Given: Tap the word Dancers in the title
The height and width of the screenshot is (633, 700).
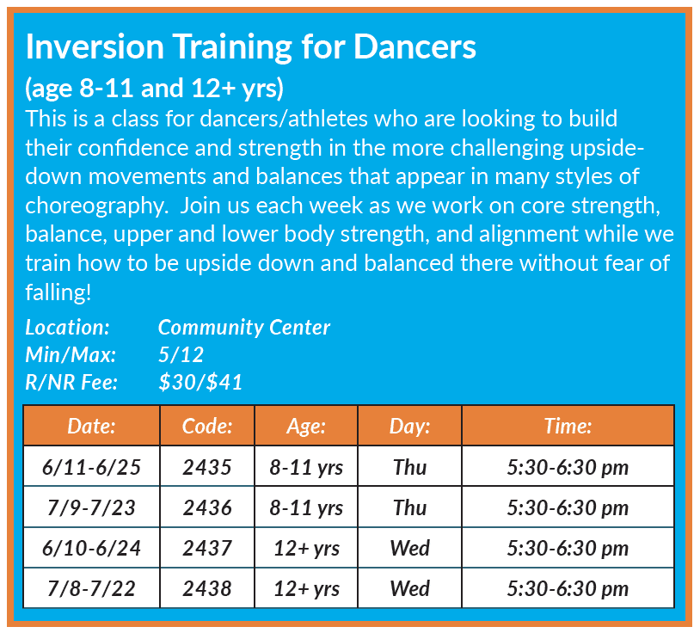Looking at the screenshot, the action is coord(414,46).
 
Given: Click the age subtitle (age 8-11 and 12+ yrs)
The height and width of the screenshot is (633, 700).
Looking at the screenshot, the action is coord(155,88).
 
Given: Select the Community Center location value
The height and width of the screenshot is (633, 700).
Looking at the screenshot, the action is coord(244,327).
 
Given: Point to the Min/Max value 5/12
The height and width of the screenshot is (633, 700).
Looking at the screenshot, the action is coord(181,354).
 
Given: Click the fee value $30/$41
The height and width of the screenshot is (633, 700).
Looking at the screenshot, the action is coord(200,382).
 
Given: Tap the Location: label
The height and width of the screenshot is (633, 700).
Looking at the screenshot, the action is coord(67,327).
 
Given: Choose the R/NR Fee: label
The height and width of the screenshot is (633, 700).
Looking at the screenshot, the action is coord(71,382).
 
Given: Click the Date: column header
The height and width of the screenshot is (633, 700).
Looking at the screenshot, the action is coord(91,426).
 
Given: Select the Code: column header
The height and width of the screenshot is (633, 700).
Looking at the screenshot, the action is coord(207,426).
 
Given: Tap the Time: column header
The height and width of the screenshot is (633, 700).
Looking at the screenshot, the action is coord(568,426).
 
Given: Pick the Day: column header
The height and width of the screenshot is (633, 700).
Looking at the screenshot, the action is coord(410,426).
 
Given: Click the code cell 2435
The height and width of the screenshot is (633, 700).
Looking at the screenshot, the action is coord(207,467).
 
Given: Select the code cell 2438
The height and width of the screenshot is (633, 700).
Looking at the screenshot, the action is coord(207,588).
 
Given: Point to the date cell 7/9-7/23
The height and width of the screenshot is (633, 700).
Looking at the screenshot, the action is coord(91,507).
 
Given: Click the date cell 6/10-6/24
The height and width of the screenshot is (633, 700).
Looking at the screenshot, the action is coord(91,548).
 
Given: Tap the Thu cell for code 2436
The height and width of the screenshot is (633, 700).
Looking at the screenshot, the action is coord(410,507).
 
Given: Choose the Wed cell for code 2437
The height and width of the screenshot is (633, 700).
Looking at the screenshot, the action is coord(410,548).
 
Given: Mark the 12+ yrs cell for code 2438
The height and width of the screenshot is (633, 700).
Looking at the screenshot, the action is coord(306,588).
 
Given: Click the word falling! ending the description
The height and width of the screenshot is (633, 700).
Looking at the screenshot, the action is coord(58,292).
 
